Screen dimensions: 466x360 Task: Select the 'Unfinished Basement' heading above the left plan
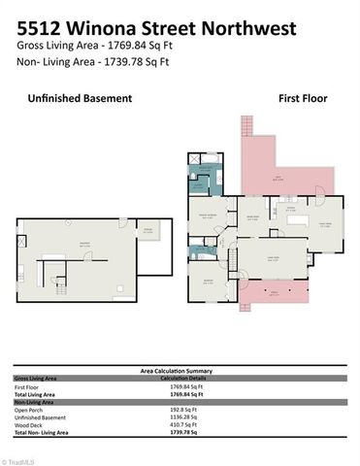(80, 98)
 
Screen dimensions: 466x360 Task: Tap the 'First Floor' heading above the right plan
(303, 98)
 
